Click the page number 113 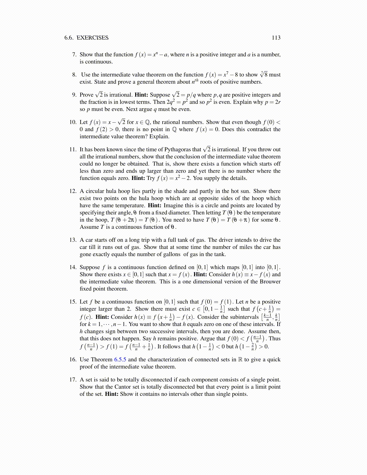pos(276,38)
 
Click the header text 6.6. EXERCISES pos(86,38)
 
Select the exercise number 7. pos(74,55)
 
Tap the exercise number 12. pos(73,191)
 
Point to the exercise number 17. pos(73,380)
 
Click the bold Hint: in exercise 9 pos(141,95)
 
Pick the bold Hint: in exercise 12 pos(155,206)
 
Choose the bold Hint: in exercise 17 pos(112,394)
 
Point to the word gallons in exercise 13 pos(170,254)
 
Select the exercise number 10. pos(73,122)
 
